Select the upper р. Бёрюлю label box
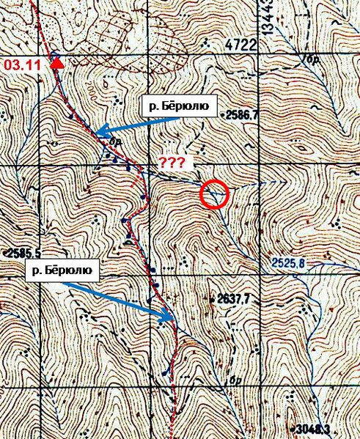[x=178, y=107]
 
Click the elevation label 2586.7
[x=242, y=115]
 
